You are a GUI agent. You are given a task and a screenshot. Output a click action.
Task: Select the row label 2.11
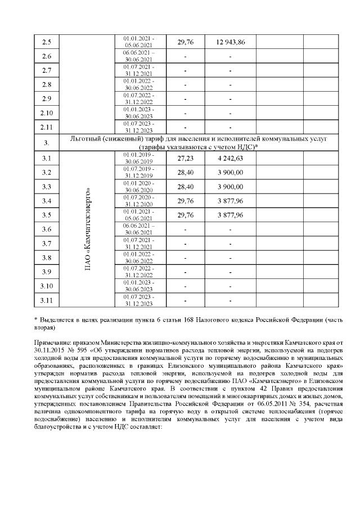point(47,127)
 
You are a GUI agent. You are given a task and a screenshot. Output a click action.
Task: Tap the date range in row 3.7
point(138,243)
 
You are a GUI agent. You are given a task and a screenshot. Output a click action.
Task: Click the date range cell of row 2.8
point(138,84)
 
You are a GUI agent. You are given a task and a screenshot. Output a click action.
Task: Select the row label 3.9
point(47,272)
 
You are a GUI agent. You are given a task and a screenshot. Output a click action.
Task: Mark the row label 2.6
point(47,56)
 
